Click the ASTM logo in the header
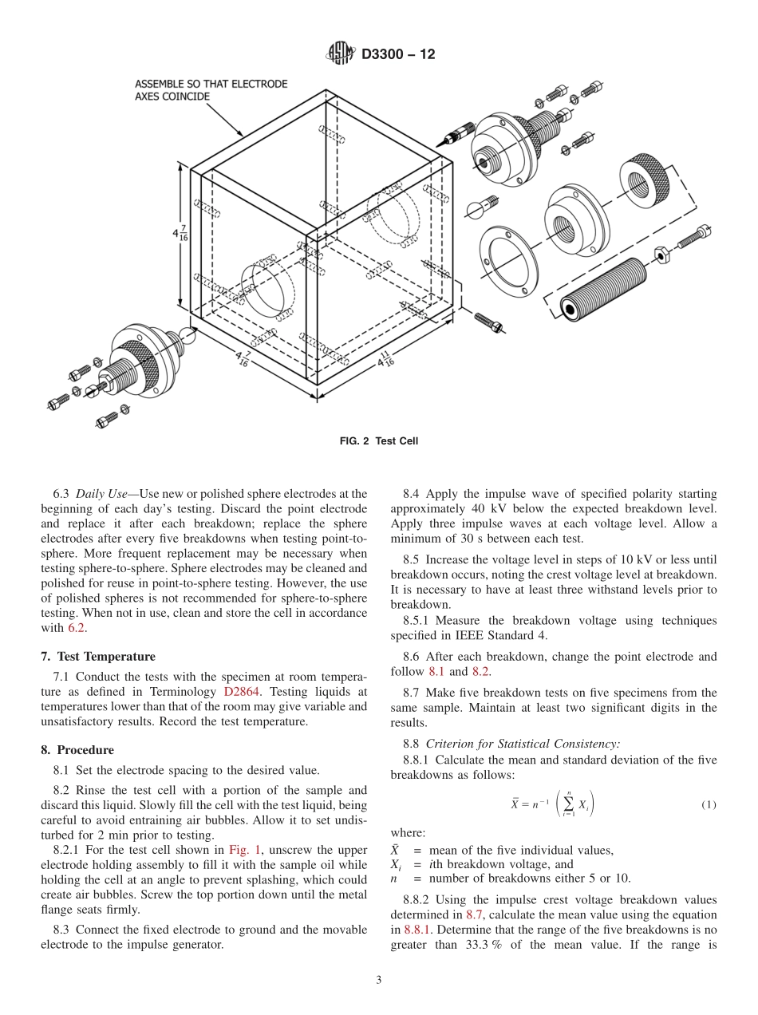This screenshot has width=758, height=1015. click(x=341, y=54)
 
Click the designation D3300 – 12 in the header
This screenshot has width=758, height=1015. click(x=398, y=55)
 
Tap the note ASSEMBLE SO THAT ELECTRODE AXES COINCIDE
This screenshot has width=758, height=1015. click(x=211, y=89)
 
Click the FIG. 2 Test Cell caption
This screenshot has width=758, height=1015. click(x=379, y=441)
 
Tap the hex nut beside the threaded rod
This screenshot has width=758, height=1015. click(x=660, y=254)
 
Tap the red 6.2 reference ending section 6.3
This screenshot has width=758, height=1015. click(x=76, y=628)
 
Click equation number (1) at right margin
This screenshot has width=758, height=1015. click(x=708, y=804)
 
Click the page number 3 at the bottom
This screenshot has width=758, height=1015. click(x=379, y=981)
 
